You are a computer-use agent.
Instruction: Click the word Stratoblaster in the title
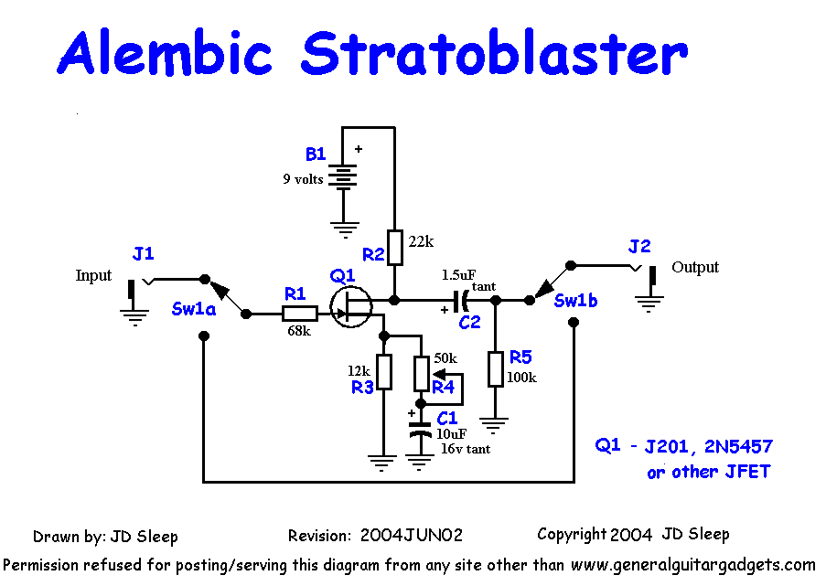(494, 53)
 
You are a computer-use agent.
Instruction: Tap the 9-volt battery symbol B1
(343, 176)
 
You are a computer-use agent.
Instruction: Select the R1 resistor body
(300, 314)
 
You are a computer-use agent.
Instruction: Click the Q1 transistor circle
(351, 307)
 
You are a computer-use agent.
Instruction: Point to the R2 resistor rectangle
(395, 248)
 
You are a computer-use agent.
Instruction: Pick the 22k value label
(421, 241)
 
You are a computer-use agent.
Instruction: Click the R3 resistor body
(384, 372)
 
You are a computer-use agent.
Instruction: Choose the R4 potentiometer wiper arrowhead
(438, 374)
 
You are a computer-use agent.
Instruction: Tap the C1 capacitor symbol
(420, 429)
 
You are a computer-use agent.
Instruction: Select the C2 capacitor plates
(461, 300)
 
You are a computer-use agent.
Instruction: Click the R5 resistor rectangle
(495, 369)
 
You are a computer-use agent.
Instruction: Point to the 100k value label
(521, 378)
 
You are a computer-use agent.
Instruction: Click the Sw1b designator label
(575, 301)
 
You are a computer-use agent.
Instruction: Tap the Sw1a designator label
(193, 308)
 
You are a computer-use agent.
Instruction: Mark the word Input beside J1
(93, 275)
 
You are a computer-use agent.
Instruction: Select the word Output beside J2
(695, 267)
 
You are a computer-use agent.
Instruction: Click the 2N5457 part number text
(738, 446)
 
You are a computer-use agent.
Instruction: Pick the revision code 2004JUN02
(411, 535)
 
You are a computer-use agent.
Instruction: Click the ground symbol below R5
(494, 424)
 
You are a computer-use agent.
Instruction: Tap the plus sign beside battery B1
(359, 149)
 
